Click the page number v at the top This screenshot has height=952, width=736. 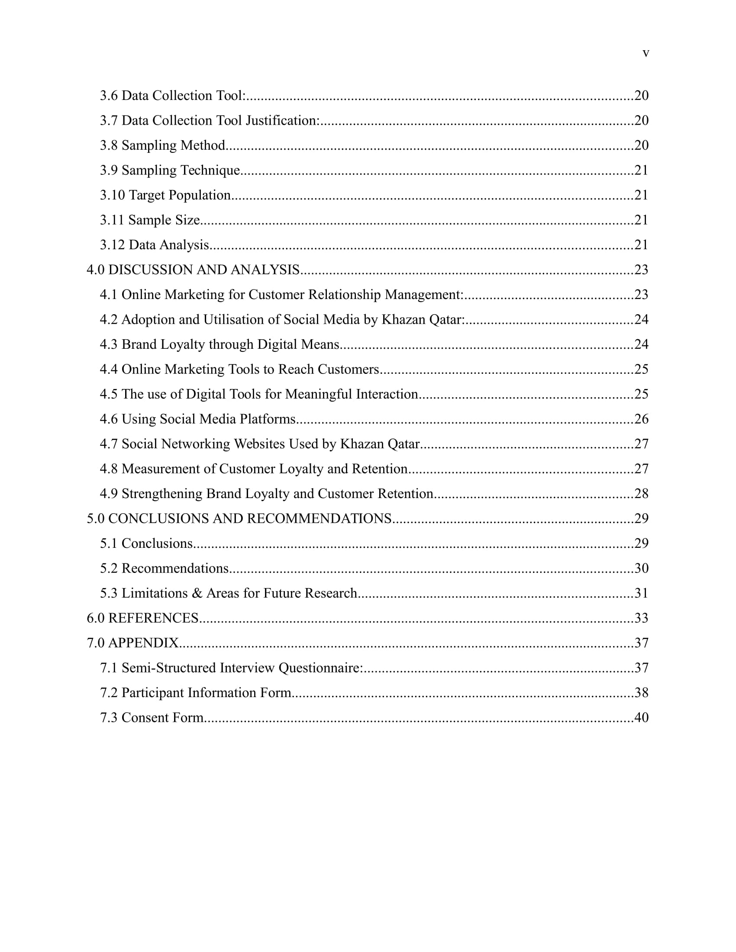pos(646,53)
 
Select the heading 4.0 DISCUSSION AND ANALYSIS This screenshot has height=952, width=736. pos(193,270)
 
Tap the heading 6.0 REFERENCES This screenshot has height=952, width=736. pos(142,618)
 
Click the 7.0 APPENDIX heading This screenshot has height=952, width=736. pos(133,643)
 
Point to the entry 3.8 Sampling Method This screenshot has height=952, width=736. pos(163,145)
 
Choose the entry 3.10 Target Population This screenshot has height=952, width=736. pos(165,195)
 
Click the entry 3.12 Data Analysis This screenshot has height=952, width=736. pos(155,245)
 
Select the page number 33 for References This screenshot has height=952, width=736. pos(641,618)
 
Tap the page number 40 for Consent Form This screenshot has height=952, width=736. pos(641,718)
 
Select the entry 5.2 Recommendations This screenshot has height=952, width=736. pos(165,569)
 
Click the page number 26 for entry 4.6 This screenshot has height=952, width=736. pos(641,419)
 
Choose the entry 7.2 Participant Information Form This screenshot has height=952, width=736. pos(195,693)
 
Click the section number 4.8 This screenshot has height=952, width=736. pos(109,469)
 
